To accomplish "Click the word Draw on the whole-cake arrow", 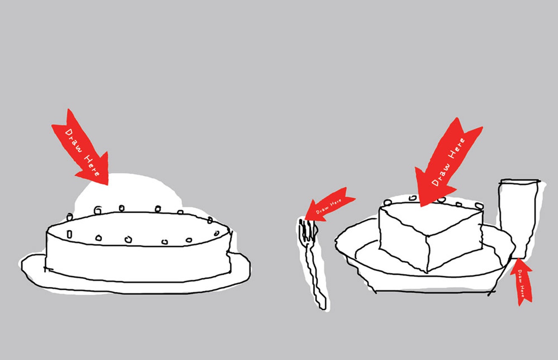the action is [x=73, y=140].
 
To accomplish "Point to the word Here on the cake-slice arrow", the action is [x=457, y=149].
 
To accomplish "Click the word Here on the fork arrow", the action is [x=336, y=203].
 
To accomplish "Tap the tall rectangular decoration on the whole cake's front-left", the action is [x=69, y=234].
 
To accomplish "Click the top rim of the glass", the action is [x=520, y=181].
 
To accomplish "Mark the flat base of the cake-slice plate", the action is [x=435, y=291].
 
